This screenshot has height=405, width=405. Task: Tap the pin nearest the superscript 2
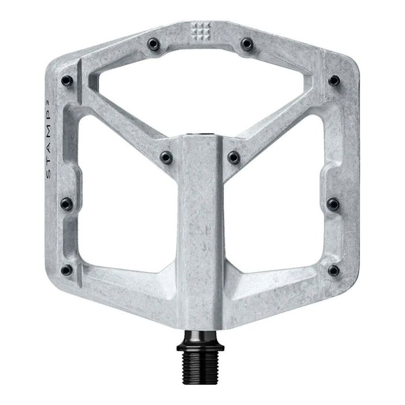(x=67, y=80)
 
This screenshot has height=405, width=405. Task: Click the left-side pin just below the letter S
(x=68, y=203)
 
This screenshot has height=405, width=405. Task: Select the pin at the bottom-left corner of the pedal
(x=68, y=269)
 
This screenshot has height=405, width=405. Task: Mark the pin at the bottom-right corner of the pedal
(x=333, y=270)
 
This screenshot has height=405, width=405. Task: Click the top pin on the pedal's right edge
(x=334, y=80)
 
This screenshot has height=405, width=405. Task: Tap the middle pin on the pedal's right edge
(x=334, y=203)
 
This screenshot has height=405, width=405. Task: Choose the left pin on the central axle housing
(x=167, y=157)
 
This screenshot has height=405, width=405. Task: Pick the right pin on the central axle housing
(x=234, y=157)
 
